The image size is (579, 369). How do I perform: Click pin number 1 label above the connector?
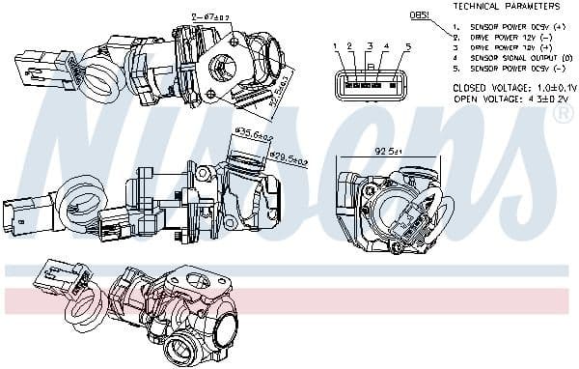pyautogui.click(x=334, y=46)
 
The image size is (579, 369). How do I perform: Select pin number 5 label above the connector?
pyautogui.click(x=408, y=46)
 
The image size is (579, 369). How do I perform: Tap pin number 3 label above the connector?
pyautogui.click(x=370, y=46)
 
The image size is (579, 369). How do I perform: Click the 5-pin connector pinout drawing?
pyautogui.click(x=371, y=85)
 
